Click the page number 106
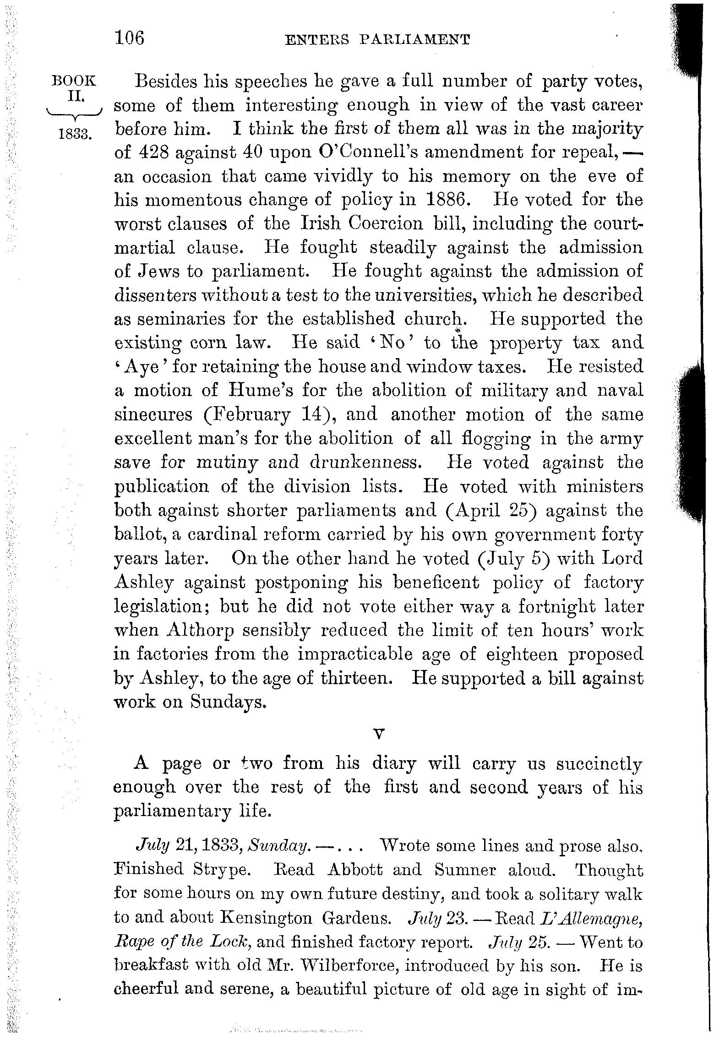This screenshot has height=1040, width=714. click(x=130, y=38)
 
